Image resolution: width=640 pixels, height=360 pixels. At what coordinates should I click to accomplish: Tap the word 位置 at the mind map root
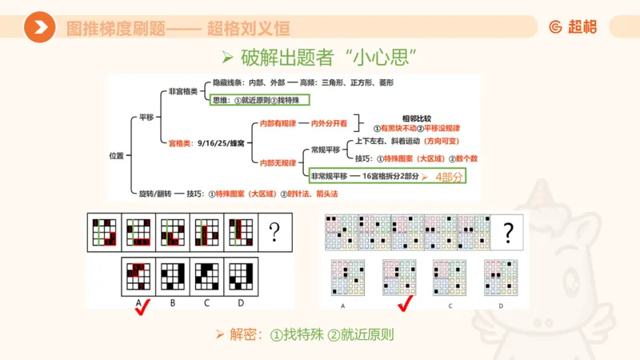116,156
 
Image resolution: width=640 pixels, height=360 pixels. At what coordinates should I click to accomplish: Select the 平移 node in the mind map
146,117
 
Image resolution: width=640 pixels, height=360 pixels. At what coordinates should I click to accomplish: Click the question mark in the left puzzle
274,233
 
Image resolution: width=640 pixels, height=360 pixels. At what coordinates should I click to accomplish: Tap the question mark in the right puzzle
507,233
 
